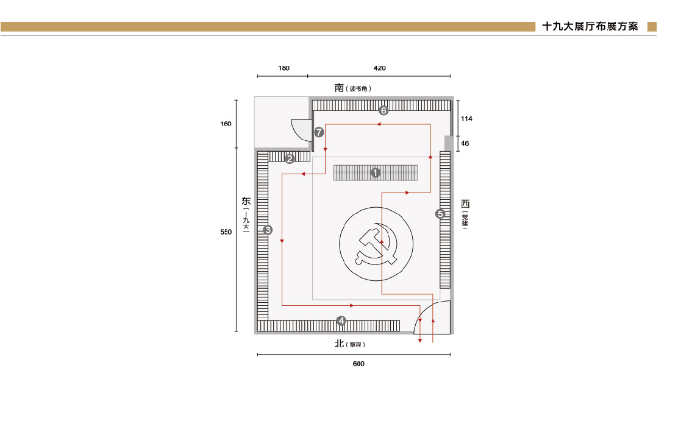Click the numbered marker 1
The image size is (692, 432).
376,172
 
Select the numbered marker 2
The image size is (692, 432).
290,159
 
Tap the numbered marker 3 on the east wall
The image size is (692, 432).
268,230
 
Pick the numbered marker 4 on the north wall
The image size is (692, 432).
341,320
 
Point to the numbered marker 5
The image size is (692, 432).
440,214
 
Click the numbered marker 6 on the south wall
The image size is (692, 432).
383,110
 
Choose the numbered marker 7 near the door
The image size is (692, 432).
319,132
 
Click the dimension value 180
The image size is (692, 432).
284,68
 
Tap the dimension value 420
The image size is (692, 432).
380,68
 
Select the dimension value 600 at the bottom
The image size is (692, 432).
358,364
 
